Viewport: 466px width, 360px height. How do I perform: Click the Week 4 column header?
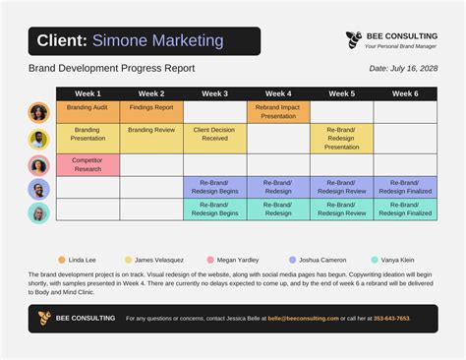click(278, 93)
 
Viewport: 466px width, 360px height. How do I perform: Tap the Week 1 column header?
click(87, 93)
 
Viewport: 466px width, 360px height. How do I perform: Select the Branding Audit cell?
click(87, 107)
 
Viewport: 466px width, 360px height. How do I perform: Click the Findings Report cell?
click(151, 107)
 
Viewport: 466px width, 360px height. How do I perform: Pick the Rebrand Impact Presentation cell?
click(278, 111)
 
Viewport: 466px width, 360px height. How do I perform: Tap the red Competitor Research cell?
click(87, 164)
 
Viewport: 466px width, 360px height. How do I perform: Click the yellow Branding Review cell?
click(151, 130)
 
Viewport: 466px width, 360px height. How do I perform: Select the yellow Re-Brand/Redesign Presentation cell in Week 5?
click(341, 138)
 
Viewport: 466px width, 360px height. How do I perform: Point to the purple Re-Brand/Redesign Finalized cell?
click(405, 186)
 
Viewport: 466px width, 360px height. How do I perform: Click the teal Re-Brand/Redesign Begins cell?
click(214, 209)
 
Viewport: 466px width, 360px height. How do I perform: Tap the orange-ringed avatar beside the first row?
click(38, 112)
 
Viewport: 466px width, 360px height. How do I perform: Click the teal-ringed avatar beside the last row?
click(38, 212)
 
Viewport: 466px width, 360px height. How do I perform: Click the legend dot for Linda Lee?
click(61, 260)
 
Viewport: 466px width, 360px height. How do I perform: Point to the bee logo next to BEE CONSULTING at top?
click(353, 39)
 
